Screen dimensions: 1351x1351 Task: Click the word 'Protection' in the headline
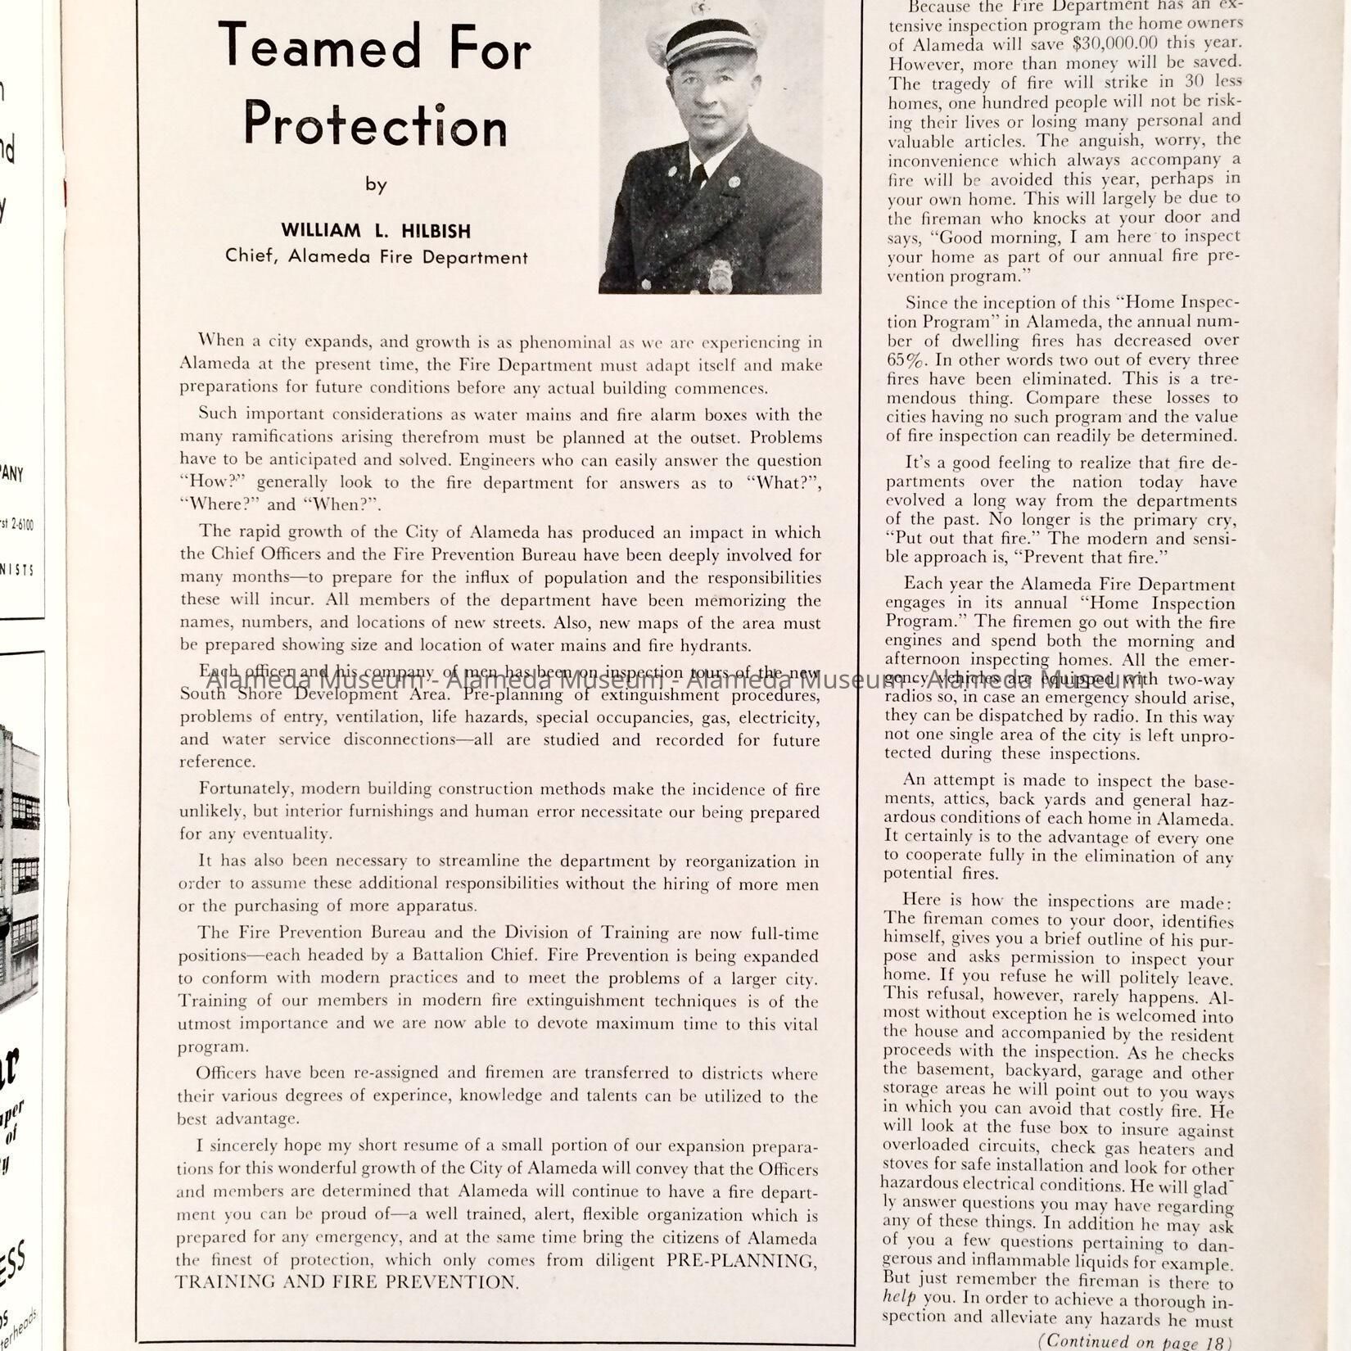pos(376,125)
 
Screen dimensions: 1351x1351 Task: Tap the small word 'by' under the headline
pos(376,185)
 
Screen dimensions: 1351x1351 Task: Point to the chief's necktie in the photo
pos(698,177)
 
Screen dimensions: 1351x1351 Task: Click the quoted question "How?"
pos(213,482)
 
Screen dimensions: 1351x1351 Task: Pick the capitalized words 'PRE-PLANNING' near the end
pos(741,1260)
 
